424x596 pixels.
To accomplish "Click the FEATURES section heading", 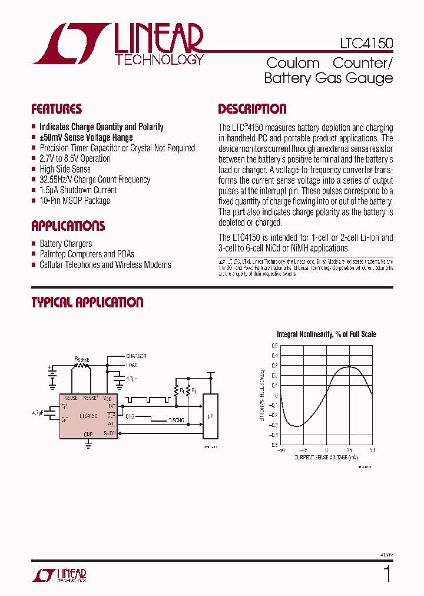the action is (x=57, y=109).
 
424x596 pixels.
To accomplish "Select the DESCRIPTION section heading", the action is (x=252, y=109).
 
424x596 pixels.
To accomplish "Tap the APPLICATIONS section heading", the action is (x=68, y=226).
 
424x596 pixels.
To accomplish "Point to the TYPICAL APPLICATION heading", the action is (x=87, y=302).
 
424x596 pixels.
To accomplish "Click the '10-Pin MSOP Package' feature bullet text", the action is (x=75, y=201).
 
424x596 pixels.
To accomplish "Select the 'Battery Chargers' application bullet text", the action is (x=66, y=243).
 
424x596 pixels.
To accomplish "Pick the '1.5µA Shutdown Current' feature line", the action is (x=78, y=190).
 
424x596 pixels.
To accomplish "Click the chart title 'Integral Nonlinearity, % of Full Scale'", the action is (x=326, y=334).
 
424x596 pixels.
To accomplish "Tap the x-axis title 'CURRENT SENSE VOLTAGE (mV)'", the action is (x=326, y=456).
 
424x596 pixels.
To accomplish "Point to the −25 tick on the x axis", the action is (x=303, y=450).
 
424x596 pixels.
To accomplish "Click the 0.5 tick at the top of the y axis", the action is (x=275, y=346).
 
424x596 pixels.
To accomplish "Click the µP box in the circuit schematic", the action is (x=210, y=416).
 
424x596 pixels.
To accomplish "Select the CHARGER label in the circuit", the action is (x=136, y=356).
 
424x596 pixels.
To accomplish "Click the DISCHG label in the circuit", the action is (x=175, y=420).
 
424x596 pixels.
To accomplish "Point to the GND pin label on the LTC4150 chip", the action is (x=88, y=434).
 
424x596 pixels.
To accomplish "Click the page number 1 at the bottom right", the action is (x=387, y=573).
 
